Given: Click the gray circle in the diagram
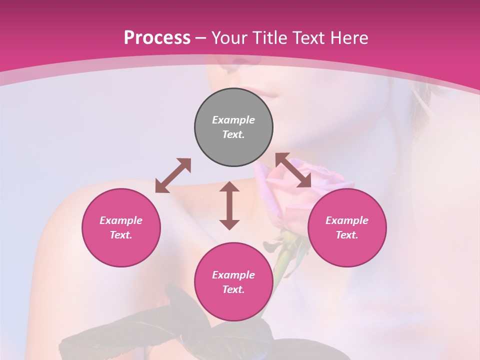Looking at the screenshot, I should click(x=233, y=127).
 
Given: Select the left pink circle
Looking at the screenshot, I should click(x=121, y=227).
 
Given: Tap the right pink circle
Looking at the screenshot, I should click(x=347, y=227).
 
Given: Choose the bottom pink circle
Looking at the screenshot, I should click(x=233, y=282).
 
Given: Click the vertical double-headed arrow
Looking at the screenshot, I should click(x=229, y=205).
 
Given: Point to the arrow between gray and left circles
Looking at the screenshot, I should click(x=173, y=175).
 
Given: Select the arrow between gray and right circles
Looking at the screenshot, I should click(x=293, y=170).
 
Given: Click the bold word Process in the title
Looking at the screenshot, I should click(x=157, y=38).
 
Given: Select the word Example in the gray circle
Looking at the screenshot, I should click(x=233, y=120).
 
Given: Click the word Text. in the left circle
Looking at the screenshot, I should click(x=121, y=235).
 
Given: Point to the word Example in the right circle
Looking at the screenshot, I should click(x=347, y=220).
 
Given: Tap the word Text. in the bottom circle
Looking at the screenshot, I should click(x=233, y=289).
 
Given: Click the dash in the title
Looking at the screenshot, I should click(x=201, y=38).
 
